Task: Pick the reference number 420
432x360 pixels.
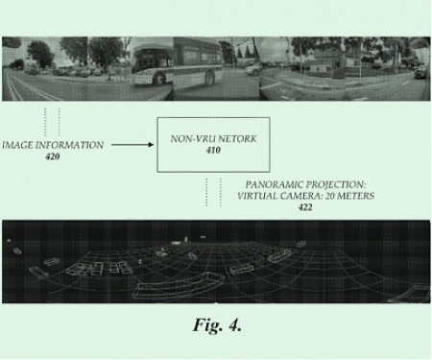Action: click(x=52, y=156)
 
